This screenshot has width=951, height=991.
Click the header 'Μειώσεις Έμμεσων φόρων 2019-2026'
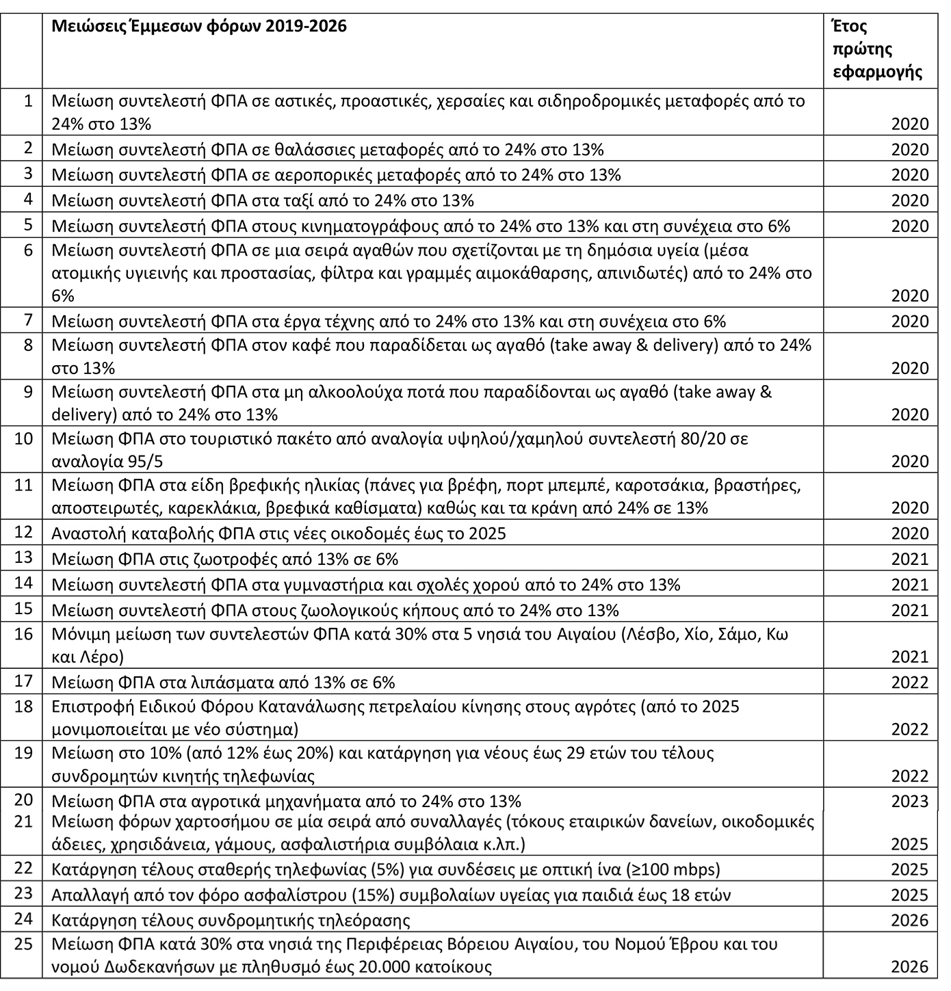pyautogui.click(x=199, y=27)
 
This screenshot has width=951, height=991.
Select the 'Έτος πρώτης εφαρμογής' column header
pyautogui.click(x=876, y=49)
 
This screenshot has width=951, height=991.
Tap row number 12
pyautogui.click(x=24, y=531)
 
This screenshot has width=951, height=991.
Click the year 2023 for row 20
pyautogui.click(x=910, y=801)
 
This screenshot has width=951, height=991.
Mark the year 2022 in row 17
pyautogui.click(x=910, y=683)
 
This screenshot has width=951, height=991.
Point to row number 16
pyautogui.click(x=24, y=633)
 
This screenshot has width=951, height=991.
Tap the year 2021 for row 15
pyautogui.click(x=910, y=610)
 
